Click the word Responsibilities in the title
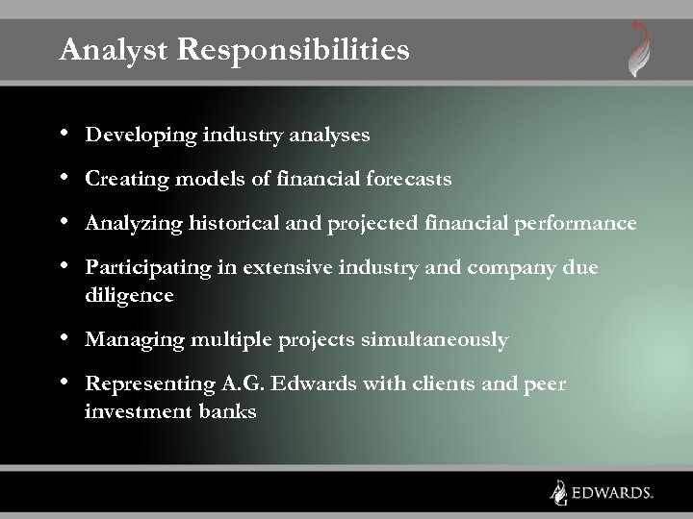(288, 50)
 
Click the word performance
(580, 224)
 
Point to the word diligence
(129, 296)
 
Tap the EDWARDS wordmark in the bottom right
(611, 492)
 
